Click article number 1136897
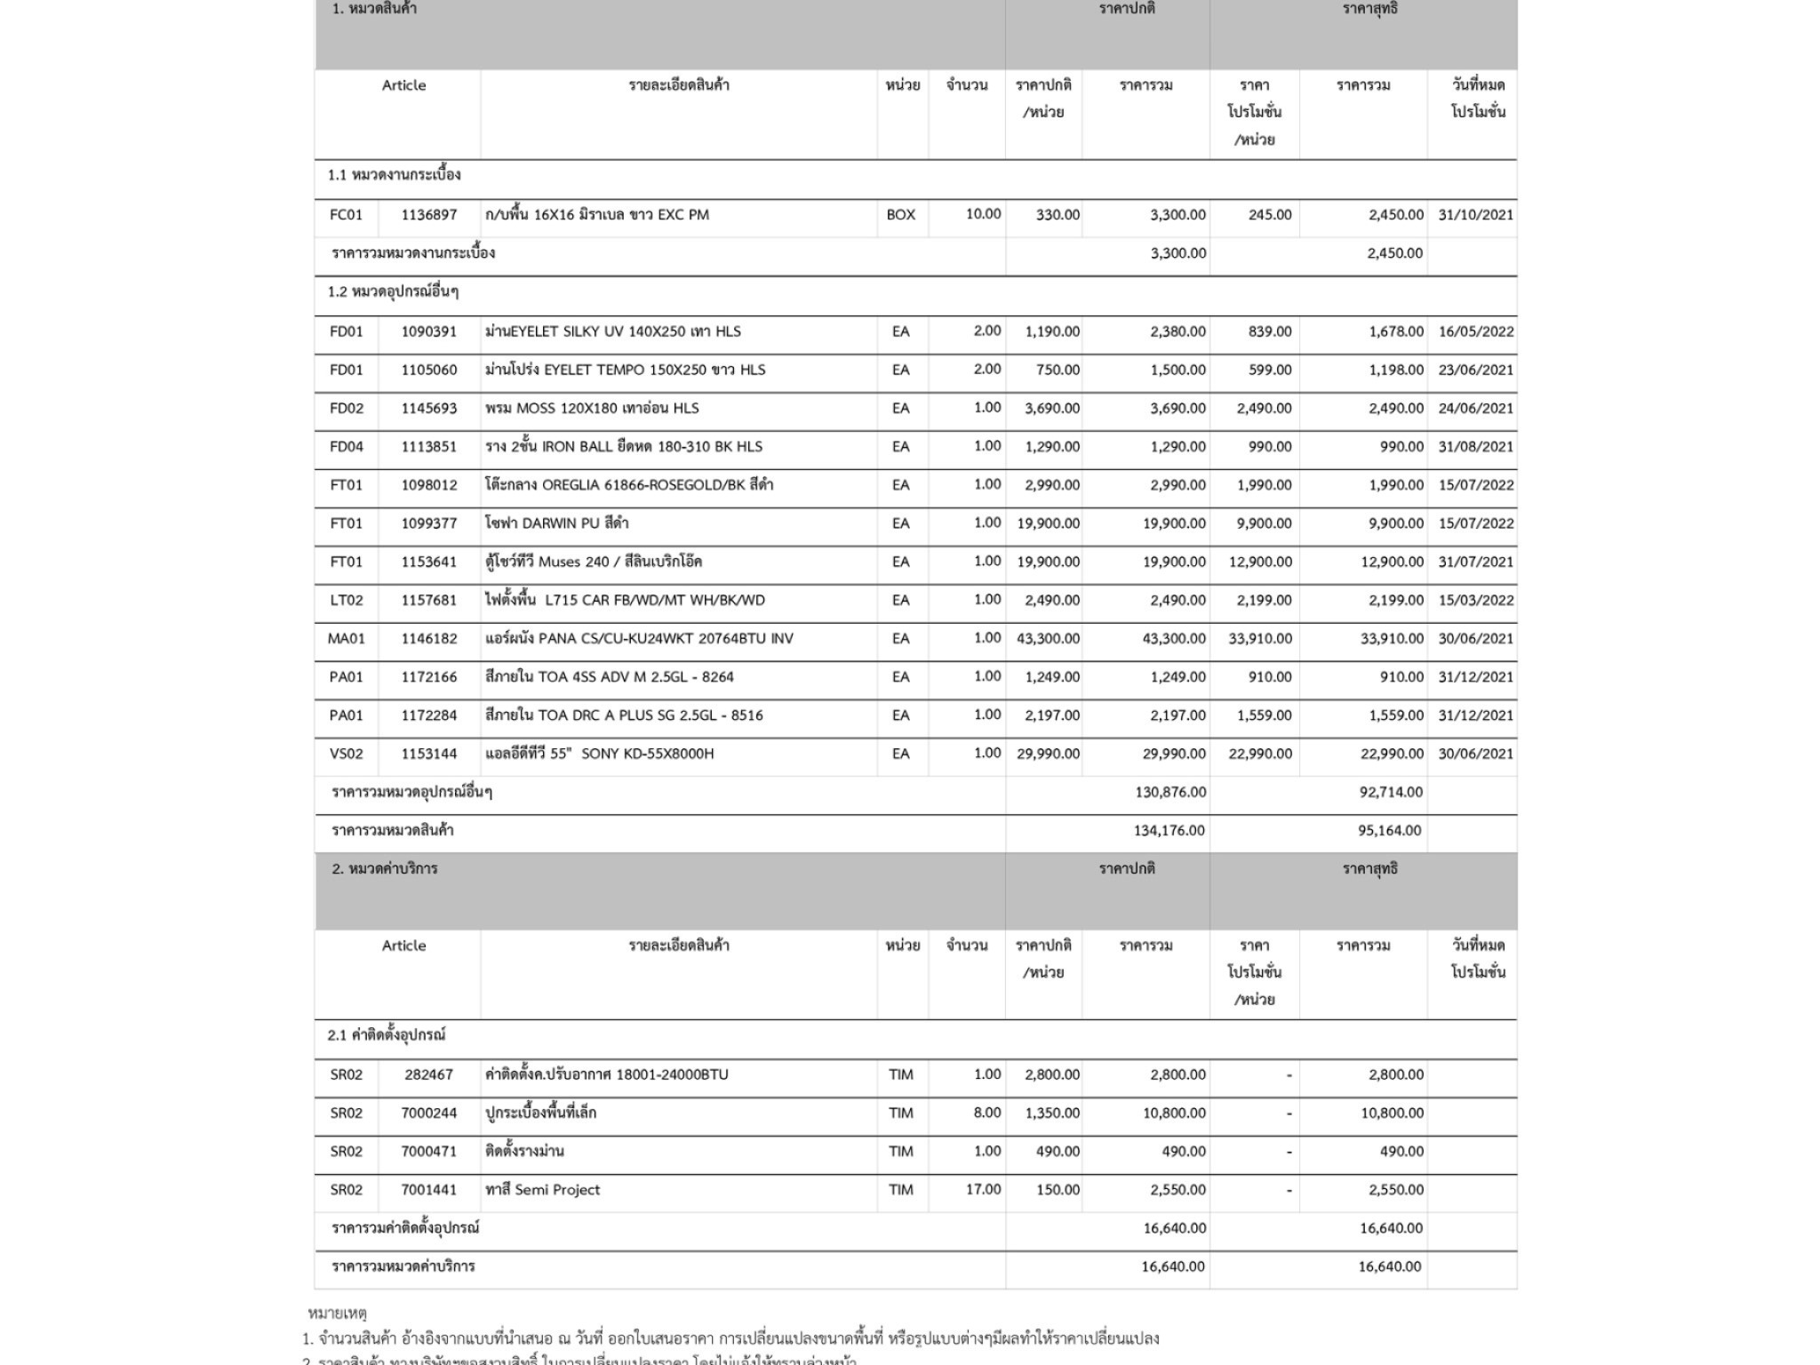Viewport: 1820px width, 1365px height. [428, 214]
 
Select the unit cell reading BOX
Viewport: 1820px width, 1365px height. [900, 214]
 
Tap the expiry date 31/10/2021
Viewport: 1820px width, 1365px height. [1475, 214]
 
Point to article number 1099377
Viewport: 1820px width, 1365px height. [428, 523]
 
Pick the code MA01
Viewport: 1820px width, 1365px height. [346, 638]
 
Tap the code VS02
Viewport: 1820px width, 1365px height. [346, 754]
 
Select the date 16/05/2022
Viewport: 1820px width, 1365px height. [1475, 331]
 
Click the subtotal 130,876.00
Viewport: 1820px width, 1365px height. [1170, 792]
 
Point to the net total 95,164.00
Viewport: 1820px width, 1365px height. [1389, 830]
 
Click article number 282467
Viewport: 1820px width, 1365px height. [428, 1074]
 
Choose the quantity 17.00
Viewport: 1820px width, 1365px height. [983, 1189]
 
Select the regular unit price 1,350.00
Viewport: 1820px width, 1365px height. [1052, 1113]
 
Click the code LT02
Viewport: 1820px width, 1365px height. [346, 600]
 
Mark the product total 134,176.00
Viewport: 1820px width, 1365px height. [1169, 830]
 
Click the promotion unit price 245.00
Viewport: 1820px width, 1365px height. [1269, 214]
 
